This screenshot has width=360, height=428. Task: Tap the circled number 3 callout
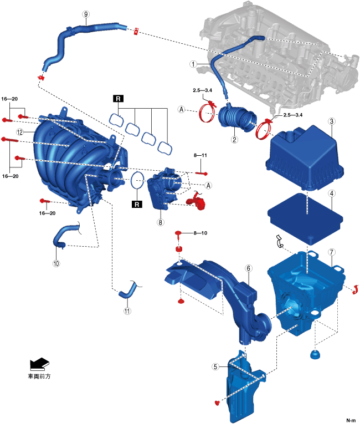click(331, 121)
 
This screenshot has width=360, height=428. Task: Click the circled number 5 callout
click(216, 366)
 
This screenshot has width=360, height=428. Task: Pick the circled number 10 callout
click(55, 264)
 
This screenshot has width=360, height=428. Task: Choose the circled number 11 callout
click(128, 310)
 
